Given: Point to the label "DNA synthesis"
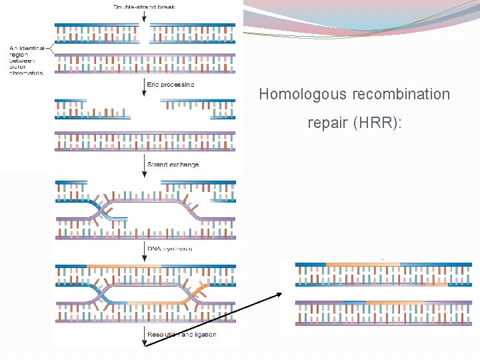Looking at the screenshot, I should coord(171,249).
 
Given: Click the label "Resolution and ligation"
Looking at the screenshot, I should coord(182,335).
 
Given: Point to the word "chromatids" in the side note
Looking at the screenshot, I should coord(26,73).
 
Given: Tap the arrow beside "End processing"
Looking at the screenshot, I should coord(145,87).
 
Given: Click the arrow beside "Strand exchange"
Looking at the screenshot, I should coord(145,167).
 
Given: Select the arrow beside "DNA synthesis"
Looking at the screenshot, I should coord(145,251).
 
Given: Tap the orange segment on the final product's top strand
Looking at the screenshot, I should coord(363,265).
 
